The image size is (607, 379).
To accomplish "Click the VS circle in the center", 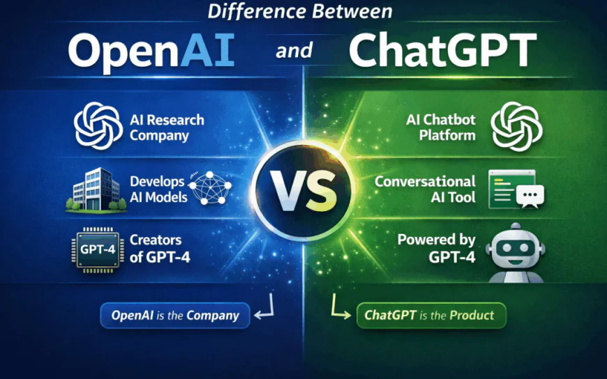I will [303, 189].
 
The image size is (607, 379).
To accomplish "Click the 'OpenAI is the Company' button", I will [174, 316].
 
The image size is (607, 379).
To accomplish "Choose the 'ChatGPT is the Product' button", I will [430, 315].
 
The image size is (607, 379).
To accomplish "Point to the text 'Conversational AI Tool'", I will [425, 189].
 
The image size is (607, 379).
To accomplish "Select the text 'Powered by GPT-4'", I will [437, 249].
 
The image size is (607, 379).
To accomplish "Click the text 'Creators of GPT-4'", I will [160, 249].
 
